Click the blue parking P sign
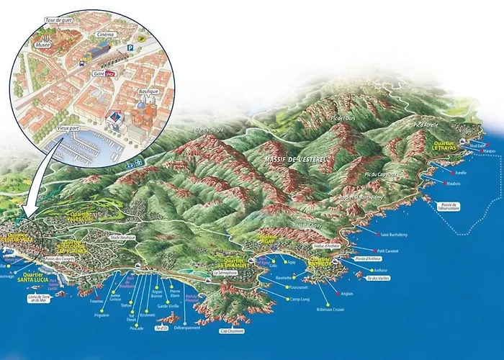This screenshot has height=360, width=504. (130, 49)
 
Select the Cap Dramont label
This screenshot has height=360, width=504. (232, 331)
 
